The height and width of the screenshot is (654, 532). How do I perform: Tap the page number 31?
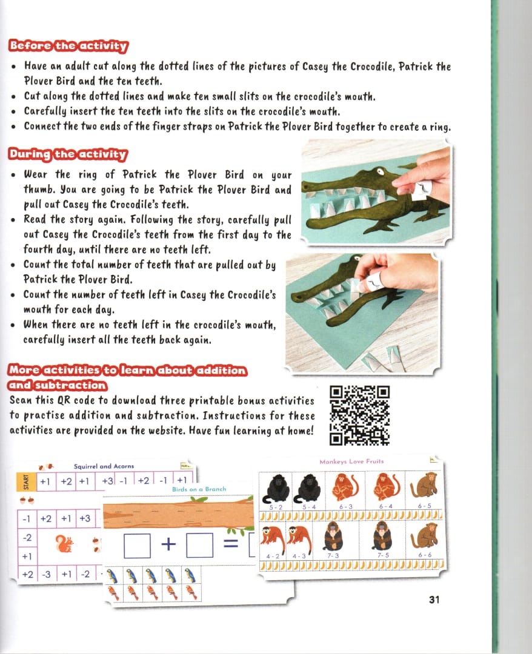pos(433,599)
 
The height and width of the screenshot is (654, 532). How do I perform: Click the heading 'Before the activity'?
pos(68,46)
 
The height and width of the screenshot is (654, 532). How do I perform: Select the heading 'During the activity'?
pos(67,154)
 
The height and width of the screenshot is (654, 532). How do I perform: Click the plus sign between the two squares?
pos(168,544)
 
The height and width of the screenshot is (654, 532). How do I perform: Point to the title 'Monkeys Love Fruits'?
pos(351,461)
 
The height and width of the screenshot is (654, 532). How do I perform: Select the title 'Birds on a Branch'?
pos(199,489)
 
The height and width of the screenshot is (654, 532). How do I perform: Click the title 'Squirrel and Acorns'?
pos(104,466)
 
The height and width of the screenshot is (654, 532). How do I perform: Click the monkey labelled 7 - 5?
pos(381,535)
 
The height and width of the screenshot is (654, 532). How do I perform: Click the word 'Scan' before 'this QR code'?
pos(22,401)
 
